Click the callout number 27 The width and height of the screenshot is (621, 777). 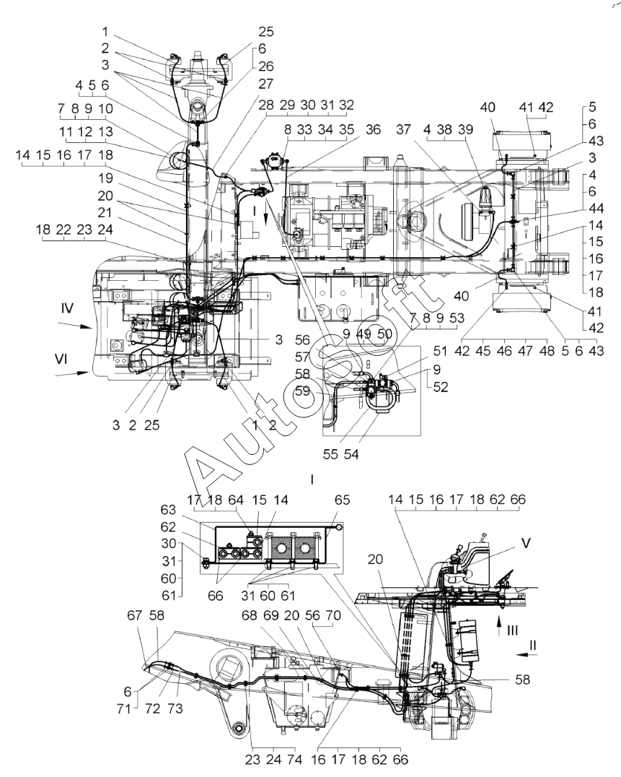pos(265,83)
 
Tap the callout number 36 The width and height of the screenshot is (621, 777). pos(373,129)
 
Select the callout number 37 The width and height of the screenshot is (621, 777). pos(403,129)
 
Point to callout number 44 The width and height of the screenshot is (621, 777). pos(596,208)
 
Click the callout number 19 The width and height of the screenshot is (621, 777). pos(105,178)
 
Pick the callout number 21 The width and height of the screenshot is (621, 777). pos(105,212)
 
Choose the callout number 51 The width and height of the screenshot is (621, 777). pos(440,351)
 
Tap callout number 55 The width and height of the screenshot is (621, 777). pos(330,454)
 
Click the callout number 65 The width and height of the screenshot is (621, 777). pos(342,500)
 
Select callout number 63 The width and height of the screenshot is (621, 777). pos(168,509)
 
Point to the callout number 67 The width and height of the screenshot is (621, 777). pos(135,615)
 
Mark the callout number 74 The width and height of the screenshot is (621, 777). pos(294,759)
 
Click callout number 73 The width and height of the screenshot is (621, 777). pos(175,708)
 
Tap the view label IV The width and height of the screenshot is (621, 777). pos(67,308)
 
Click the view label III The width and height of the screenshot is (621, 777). pos(512,630)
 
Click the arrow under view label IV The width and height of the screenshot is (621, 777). pos(75,325)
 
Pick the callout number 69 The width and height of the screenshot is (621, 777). pos(271,615)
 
